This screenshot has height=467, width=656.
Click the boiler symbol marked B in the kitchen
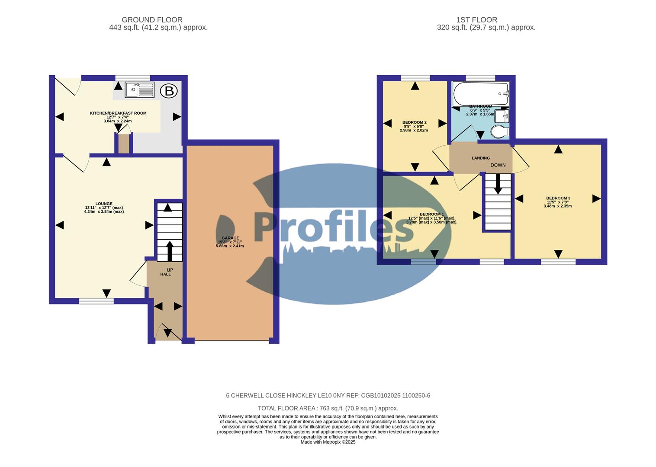pyautogui.click(x=169, y=91)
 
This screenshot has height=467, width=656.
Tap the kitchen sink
pyautogui.click(x=139, y=90)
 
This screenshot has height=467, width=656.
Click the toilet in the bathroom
pyautogui.click(x=500, y=131)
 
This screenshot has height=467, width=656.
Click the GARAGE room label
pyautogui.click(x=230, y=238)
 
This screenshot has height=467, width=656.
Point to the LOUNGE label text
pyautogui.click(x=104, y=204)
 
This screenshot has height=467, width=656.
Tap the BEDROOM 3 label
pyautogui.click(x=558, y=198)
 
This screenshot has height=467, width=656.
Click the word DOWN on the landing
pyautogui.click(x=498, y=165)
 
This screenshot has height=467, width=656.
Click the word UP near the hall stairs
pyautogui.click(x=170, y=270)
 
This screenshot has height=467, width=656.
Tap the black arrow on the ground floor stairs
pyautogui.click(x=169, y=251)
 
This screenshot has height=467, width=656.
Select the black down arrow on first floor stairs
pyautogui.click(x=498, y=183)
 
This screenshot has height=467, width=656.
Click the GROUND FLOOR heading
pyautogui.click(x=152, y=20)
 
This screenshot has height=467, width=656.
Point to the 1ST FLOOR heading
pyautogui.click(x=476, y=20)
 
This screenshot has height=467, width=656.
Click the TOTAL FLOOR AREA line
pyautogui.click(x=328, y=408)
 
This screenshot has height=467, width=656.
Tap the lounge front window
pyautogui.click(x=96, y=301)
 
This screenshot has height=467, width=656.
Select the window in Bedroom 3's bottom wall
pyautogui.click(x=558, y=262)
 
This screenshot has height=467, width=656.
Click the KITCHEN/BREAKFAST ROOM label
pyautogui.click(x=118, y=113)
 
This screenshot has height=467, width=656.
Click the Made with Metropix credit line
pyautogui.click(x=328, y=442)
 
